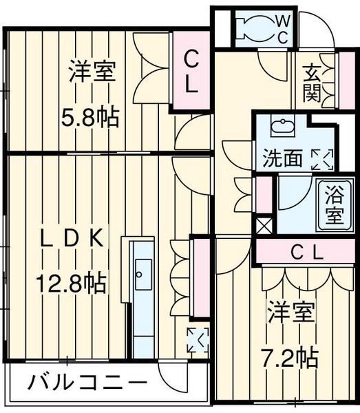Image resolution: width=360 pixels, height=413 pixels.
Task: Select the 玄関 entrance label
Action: click(312, 84)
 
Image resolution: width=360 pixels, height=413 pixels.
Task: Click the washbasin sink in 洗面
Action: click(284, 128)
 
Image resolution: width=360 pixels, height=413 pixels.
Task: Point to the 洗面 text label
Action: click(283, 158)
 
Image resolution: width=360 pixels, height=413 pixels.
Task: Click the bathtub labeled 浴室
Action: click(335, 205)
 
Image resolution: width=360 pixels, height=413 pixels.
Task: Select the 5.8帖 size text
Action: click(90, 118)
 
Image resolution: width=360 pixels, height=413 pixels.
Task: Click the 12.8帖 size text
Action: click(72, 284)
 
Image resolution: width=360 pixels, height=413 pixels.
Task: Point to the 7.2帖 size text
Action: click(289, 358)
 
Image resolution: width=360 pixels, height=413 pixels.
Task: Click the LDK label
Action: click(72, 238)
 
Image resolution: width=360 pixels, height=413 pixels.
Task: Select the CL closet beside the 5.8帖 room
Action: click(191, 71)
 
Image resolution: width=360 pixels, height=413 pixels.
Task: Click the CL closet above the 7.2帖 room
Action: click(306, 251)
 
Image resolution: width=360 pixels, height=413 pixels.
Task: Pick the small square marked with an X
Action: click(264, 226)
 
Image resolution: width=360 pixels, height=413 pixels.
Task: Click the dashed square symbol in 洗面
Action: click(322, 160)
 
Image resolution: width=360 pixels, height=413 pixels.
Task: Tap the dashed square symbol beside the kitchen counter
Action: click(198, 339)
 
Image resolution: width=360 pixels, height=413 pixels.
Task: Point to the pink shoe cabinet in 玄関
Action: click(347, 81)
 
